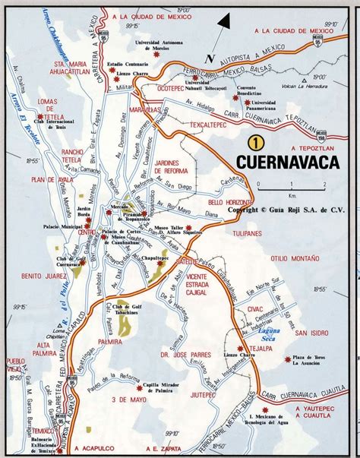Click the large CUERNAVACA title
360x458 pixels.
pos(287,162)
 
